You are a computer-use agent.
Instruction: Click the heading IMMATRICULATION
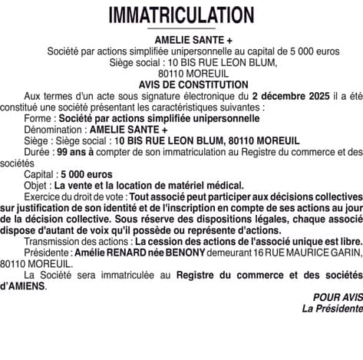[181, 15]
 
